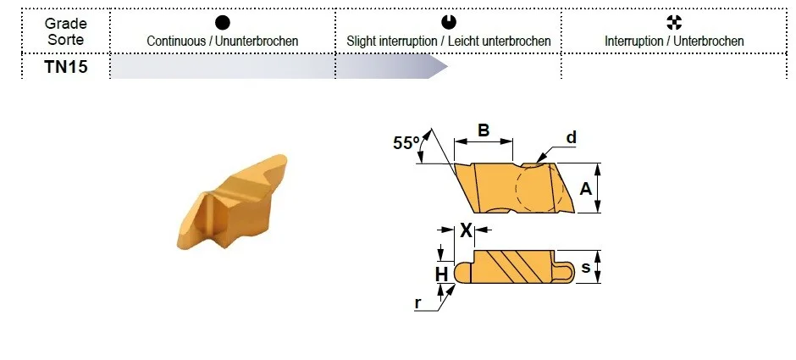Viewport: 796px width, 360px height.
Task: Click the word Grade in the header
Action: (65, 24)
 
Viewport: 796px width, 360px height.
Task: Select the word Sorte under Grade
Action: (65, 40)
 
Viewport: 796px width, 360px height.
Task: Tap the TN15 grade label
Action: (65, 67)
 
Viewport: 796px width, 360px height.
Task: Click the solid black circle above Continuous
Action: (223, 22)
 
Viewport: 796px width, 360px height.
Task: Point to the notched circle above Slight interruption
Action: (449, 22)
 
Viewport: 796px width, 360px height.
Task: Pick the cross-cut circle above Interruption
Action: (674, 22)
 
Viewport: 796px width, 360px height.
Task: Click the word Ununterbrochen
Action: (257, 42)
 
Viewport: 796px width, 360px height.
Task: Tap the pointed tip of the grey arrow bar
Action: (447, 67)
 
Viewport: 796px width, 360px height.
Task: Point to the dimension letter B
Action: (484, 130)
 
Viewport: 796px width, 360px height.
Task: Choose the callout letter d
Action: (572, 137)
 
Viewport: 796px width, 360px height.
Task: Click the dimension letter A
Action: (585, 189)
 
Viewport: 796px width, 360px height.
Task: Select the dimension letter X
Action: (466, 231)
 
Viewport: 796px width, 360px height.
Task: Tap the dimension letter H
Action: (442, 274)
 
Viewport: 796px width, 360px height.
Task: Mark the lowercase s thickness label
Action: (585, 267)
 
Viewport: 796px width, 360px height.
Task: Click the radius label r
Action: (417, 302)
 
